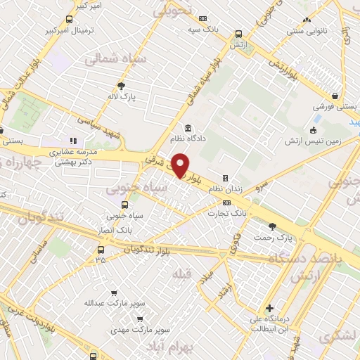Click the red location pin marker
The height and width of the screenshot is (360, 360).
pyautogui.click(x=180, y=165)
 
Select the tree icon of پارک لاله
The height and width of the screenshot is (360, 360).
pyautogui.click(x=122, y=86)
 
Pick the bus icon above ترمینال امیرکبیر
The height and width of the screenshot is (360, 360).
pyautogui.click(x=68, y=20)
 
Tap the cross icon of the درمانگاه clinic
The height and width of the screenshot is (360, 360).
pyautogui.click(x=270, y=308)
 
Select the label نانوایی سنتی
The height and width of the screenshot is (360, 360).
pyautogui.click(x=306, y=31)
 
